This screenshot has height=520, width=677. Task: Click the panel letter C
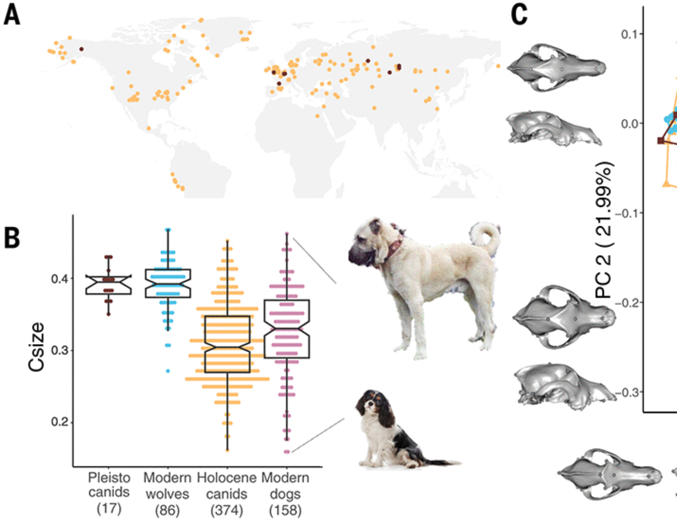[x=519, y=15]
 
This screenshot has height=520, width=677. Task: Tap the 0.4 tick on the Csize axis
[x=60, y=279]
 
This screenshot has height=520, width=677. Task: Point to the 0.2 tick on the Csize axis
[x=60, y=422]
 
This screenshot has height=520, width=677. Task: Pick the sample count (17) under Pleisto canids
[x=109, y=508]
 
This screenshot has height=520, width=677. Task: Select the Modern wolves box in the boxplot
[x=168, y=283]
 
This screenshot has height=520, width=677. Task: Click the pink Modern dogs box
[x=287, y=329]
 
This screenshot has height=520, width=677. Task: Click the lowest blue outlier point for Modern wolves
[x=168, y=371]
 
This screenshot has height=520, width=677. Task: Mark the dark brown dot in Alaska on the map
[x=81, y=49]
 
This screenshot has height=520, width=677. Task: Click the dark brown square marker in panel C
[x=660, y=140]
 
